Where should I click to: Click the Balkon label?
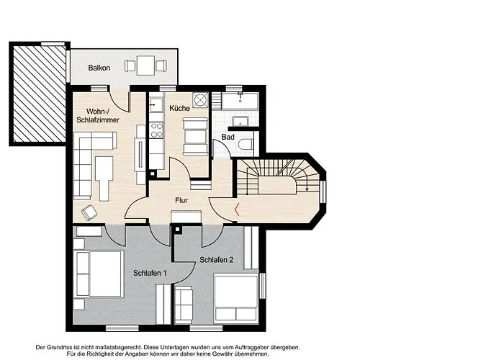click(x=99, y=68)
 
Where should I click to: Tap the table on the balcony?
click(x=145, y=66)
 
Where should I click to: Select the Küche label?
click(x=180, y=108)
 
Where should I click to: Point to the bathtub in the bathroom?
click(x=240, y=101)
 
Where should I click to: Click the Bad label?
click(x=228, y=137)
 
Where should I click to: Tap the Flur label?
click(x=181, y=200)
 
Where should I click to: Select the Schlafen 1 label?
click(x=150, y=273)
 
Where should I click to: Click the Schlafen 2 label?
click(x=216, y=260)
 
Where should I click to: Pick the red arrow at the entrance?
click(x=237, y=210)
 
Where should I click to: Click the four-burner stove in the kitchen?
click(x=156, y=130)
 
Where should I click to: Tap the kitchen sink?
click(x=156, y=104)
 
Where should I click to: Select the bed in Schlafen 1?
click(x=100, y=274)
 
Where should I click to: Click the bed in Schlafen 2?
click(x=236, y=297)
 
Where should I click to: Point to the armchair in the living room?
click(x=89, y=212)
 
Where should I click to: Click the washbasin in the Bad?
click(x=240, y=122)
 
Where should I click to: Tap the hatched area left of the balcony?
click(x=39, y=93)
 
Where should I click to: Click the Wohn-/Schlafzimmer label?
click(x=98, y=116)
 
